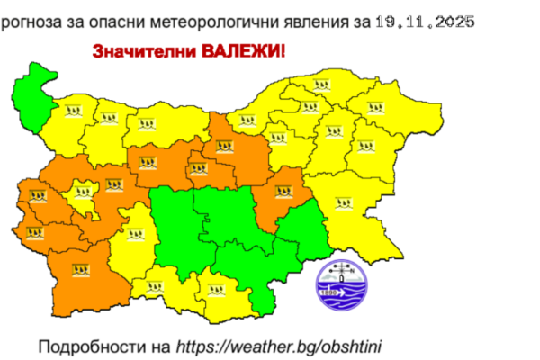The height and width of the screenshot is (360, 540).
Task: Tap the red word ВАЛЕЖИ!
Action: click(x=245, y=53)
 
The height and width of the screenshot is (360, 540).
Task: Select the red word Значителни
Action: click(x=135, y=53)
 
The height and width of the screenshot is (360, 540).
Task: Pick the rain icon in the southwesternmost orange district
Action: click(x=78, y=268)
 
